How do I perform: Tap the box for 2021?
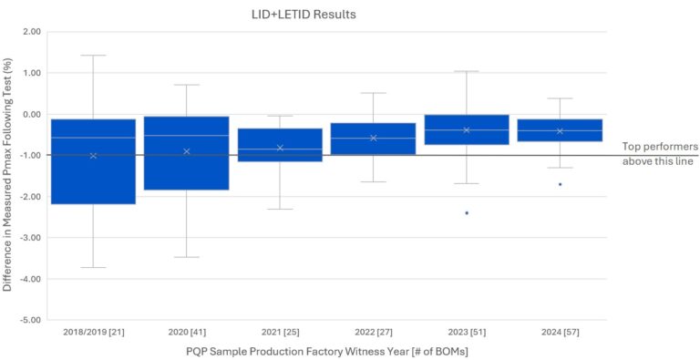280,144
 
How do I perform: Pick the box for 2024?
560,129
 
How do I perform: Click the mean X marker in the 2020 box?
187,151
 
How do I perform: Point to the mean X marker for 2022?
374,138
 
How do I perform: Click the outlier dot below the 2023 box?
467,213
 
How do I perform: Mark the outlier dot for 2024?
560,184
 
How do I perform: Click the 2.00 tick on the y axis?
30,32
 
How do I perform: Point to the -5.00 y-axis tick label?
29,320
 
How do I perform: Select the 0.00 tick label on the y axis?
30,114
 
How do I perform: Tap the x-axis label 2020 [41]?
187,333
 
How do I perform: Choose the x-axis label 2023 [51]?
467,333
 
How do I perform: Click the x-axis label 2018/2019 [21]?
93,333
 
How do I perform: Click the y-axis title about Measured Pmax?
8,175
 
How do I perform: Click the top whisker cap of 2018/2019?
93,56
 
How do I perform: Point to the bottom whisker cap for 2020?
187,257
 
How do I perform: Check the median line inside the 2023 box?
467,129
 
